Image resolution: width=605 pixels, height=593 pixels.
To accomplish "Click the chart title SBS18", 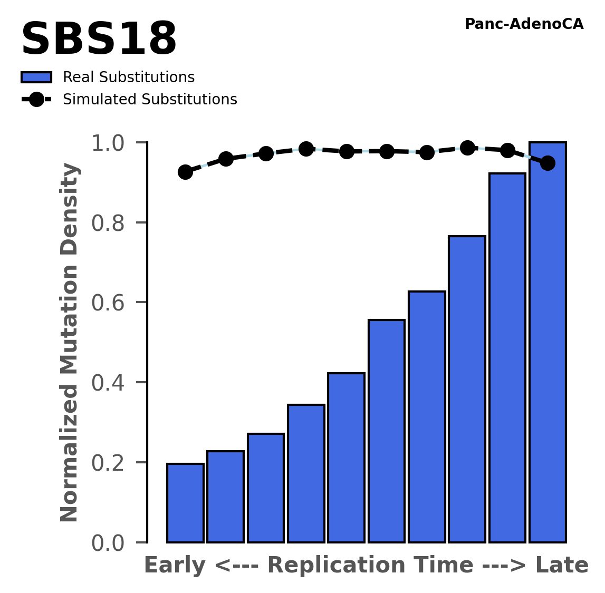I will point(99,40).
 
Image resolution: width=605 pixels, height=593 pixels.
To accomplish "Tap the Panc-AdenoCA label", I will point(524,24).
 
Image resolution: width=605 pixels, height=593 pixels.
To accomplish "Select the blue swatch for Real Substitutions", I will point(36,77).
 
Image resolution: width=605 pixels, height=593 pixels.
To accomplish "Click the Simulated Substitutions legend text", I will point(150,100).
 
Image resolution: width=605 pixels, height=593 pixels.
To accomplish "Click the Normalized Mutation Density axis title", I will point(70,343).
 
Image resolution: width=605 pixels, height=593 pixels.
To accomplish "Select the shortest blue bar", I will point(185,503).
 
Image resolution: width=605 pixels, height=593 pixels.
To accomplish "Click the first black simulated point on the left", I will point(185,172).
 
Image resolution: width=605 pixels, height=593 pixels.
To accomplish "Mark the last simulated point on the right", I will point(548,163).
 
